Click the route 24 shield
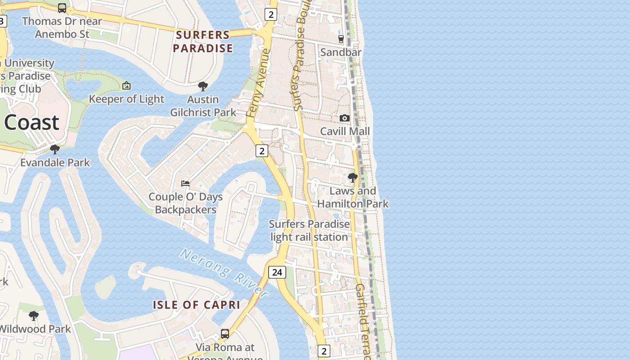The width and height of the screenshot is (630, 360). point(277,272)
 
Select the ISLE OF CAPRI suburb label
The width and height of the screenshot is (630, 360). point(197,305)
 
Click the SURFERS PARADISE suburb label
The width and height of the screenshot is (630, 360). point(203,41)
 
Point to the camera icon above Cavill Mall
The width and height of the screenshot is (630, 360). point(345,118)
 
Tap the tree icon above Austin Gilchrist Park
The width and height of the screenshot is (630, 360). point(203,86)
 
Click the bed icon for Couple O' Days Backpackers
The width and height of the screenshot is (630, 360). point(185,184)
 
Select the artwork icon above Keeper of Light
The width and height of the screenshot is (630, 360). point(126,85)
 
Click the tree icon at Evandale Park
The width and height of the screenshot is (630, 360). point(55,149)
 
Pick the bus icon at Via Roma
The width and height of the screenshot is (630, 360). point(225,334)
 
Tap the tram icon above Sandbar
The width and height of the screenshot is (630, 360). point(341,39)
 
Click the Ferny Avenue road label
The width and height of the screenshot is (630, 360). point(259,83)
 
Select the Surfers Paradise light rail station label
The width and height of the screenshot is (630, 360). point(309,230)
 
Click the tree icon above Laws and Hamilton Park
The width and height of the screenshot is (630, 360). point(353,178)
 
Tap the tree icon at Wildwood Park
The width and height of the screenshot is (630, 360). point(34,315)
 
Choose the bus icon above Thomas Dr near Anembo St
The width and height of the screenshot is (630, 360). point(62,8)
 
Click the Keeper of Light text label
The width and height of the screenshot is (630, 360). point(126,99)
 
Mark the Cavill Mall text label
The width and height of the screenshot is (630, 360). point(345,131)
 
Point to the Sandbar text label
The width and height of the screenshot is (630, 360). point(341,52)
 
